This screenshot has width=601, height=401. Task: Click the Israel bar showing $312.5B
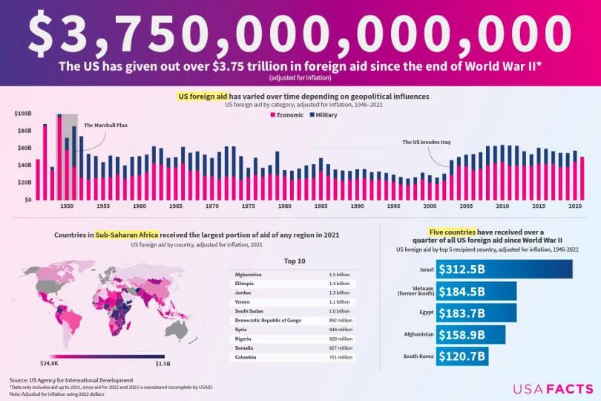[505, 269]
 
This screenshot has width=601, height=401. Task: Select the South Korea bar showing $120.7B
[462, 356]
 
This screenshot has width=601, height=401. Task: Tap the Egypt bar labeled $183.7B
[476, 313]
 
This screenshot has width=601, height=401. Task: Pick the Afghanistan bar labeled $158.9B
[470, 334]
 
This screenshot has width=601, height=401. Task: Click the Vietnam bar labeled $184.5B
[476, 291]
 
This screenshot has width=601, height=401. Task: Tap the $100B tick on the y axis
[23, 114]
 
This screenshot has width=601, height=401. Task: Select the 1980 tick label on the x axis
[284, 206]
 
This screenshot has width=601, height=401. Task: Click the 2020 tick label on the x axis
[574, 206]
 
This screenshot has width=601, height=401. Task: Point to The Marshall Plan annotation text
[105, 125]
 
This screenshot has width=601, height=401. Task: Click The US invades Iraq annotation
[427, 142]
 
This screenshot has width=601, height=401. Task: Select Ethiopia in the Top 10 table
[244, 284]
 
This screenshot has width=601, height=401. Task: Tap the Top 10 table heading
[295, 261]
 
